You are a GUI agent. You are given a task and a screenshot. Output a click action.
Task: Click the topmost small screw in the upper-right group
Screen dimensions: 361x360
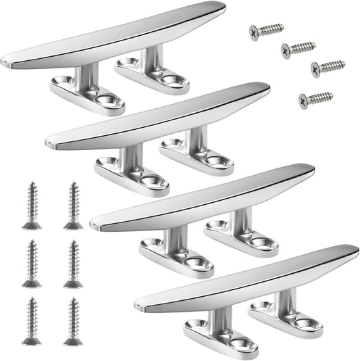pos(266,30)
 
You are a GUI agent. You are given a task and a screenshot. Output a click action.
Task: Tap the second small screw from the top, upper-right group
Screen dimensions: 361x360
pos(298,49)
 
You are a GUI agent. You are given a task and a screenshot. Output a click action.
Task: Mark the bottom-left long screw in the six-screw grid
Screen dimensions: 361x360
pos(31,321)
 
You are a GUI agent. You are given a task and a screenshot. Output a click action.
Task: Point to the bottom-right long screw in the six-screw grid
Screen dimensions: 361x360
pos(73,321)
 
